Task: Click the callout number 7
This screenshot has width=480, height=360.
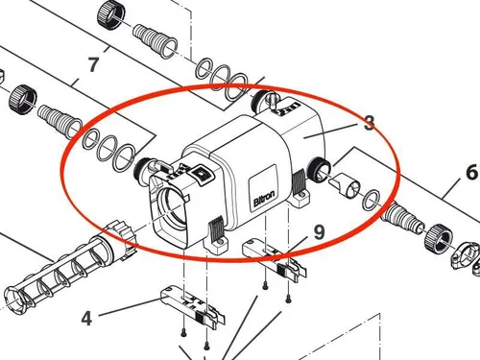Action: [93, 65]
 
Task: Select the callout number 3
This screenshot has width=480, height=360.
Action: [368, 123]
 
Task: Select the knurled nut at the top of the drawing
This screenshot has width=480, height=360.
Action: [111, 13]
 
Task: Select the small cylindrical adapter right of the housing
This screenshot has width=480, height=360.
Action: [345, 181]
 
